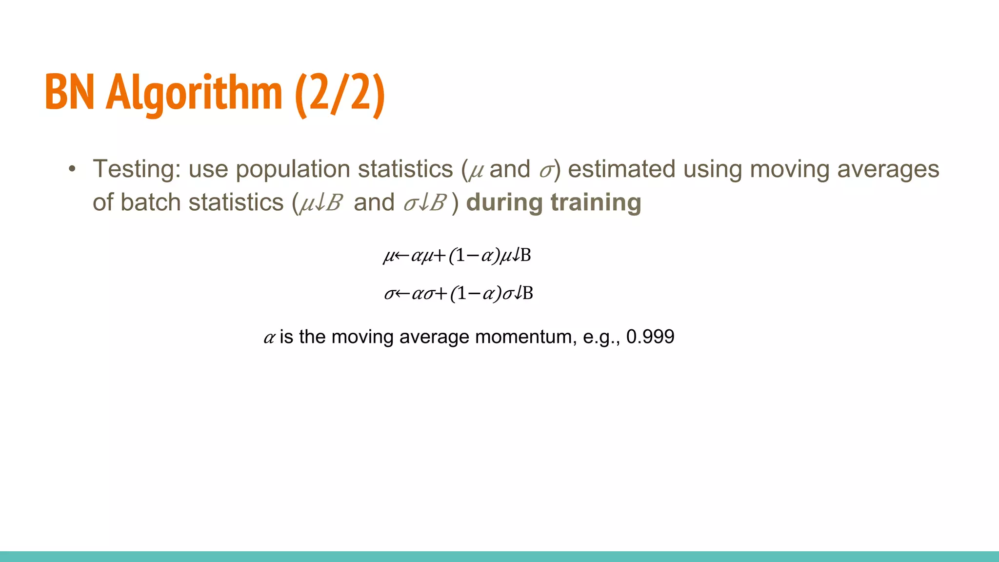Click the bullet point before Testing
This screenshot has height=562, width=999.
[x=72, y=169]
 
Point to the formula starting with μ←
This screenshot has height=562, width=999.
[x=457, y=255]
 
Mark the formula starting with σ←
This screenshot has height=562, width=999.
[x=459, y=293]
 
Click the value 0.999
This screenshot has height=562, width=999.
[x=650, y=337]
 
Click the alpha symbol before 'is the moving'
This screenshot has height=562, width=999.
[x=269, y=337]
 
